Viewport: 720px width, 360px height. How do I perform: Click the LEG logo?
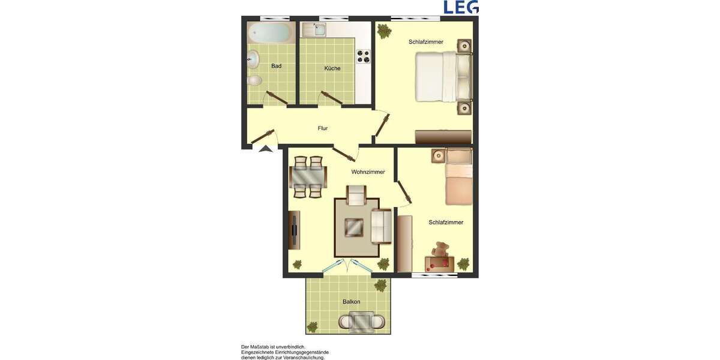point(460,7)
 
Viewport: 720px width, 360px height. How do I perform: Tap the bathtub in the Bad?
point(271,32)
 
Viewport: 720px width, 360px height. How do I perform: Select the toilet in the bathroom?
point(256,80)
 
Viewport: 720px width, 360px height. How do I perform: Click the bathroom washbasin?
point(253,58)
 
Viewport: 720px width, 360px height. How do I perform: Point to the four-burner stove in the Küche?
point(364,56)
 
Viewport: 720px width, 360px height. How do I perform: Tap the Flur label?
point(323,128)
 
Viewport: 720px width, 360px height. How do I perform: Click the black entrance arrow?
point(265,148)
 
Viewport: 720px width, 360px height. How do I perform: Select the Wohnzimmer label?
point(368,172)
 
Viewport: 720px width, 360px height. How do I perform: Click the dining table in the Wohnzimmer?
point(308,176)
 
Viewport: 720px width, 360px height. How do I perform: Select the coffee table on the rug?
point(354,227)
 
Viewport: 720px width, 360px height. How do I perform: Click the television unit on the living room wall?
point(295,229)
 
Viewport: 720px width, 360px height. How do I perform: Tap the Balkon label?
point(352,302)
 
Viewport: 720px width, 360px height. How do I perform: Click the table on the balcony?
point(362,323)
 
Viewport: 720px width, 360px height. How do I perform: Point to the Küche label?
point(332,68)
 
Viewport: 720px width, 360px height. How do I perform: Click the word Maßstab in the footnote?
point(261,347)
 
